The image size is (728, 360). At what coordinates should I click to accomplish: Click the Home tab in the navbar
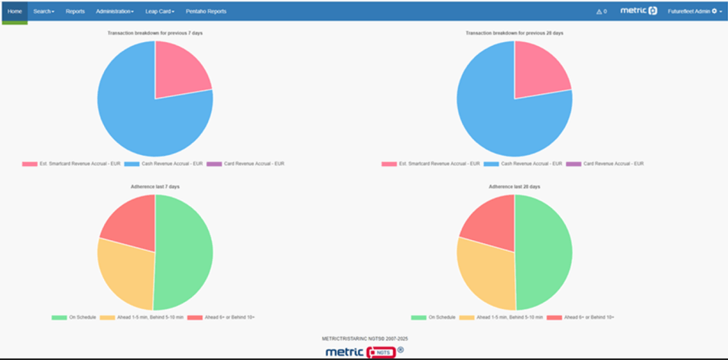(x=15, y=11)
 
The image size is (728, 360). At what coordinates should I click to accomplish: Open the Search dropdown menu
(x=44, y=11)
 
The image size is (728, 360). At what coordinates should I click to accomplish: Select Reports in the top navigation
(x=75, y=11)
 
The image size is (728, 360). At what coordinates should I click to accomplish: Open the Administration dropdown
(x=115, y=11)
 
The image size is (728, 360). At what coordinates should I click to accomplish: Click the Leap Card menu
(x=160, y=11)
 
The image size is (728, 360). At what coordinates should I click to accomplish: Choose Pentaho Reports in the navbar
(x=206, y=11)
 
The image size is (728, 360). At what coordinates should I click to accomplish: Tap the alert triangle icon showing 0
(x=601, y=11)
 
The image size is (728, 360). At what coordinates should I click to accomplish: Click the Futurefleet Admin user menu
(x=692, y=11)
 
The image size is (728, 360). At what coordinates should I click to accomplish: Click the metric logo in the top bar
(x=639, y=11)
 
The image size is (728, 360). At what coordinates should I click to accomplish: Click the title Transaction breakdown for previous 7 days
(x=154, y=33)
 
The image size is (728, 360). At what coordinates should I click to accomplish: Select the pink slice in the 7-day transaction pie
(x=180, y=73)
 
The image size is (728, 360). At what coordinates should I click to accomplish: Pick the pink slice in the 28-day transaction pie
(x=539, y=73)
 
